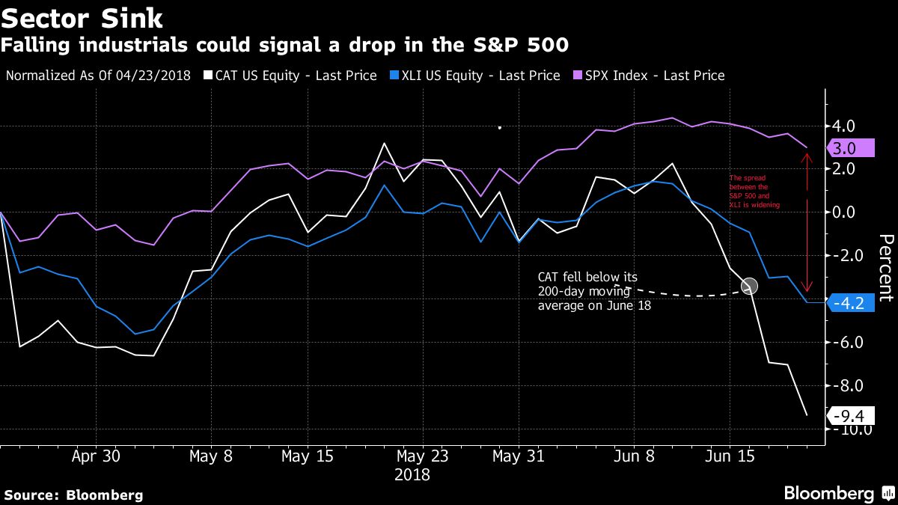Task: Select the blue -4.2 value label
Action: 849,304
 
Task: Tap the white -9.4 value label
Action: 849,414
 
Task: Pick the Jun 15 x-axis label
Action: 730,456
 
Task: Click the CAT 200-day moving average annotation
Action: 587,291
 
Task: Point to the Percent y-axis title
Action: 885,268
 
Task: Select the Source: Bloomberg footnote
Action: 73,495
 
